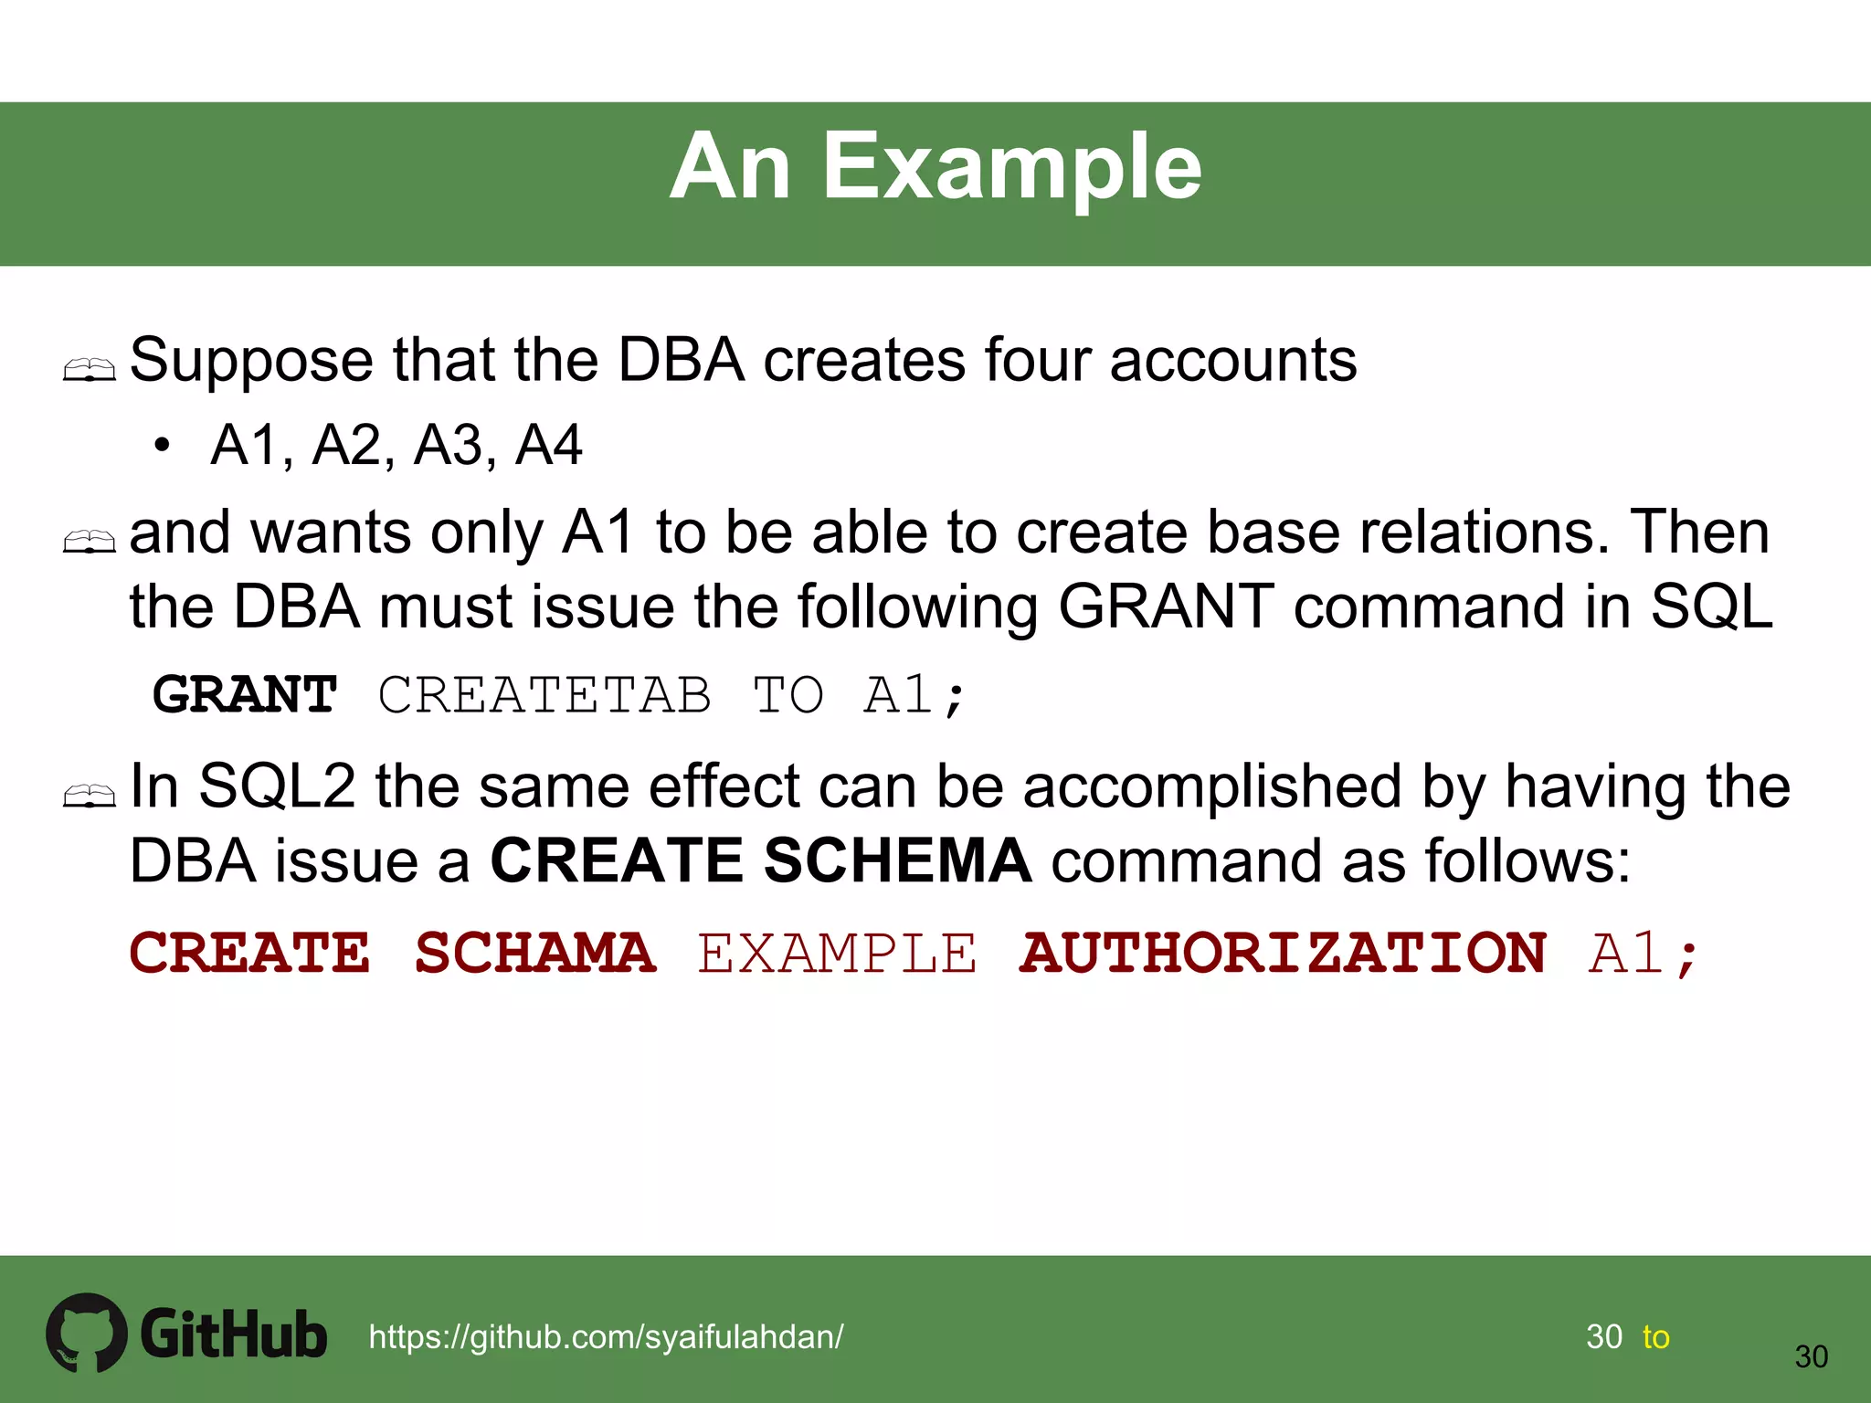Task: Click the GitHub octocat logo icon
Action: pos(87,1332)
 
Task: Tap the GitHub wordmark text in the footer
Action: pos(234,1334)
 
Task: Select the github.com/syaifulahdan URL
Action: pos(606,1336)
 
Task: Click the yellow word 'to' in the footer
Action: pos(1655,1337)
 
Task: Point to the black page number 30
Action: pos(1811,1356)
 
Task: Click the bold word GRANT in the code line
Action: pos(245,694)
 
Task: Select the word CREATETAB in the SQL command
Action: pos(544,694)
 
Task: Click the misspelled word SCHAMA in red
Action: pos(535,954)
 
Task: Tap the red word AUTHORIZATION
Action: pos(1283,954)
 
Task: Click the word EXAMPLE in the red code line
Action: pos(837,954)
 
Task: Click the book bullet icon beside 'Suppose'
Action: pos(90,370)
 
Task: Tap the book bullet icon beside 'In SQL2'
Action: pos(90,796)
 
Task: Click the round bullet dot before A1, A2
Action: pos(163,446)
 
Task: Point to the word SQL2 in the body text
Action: pos(277,786)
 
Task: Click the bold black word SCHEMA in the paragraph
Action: pos(897,860)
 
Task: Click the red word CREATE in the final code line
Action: pos(250,954)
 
